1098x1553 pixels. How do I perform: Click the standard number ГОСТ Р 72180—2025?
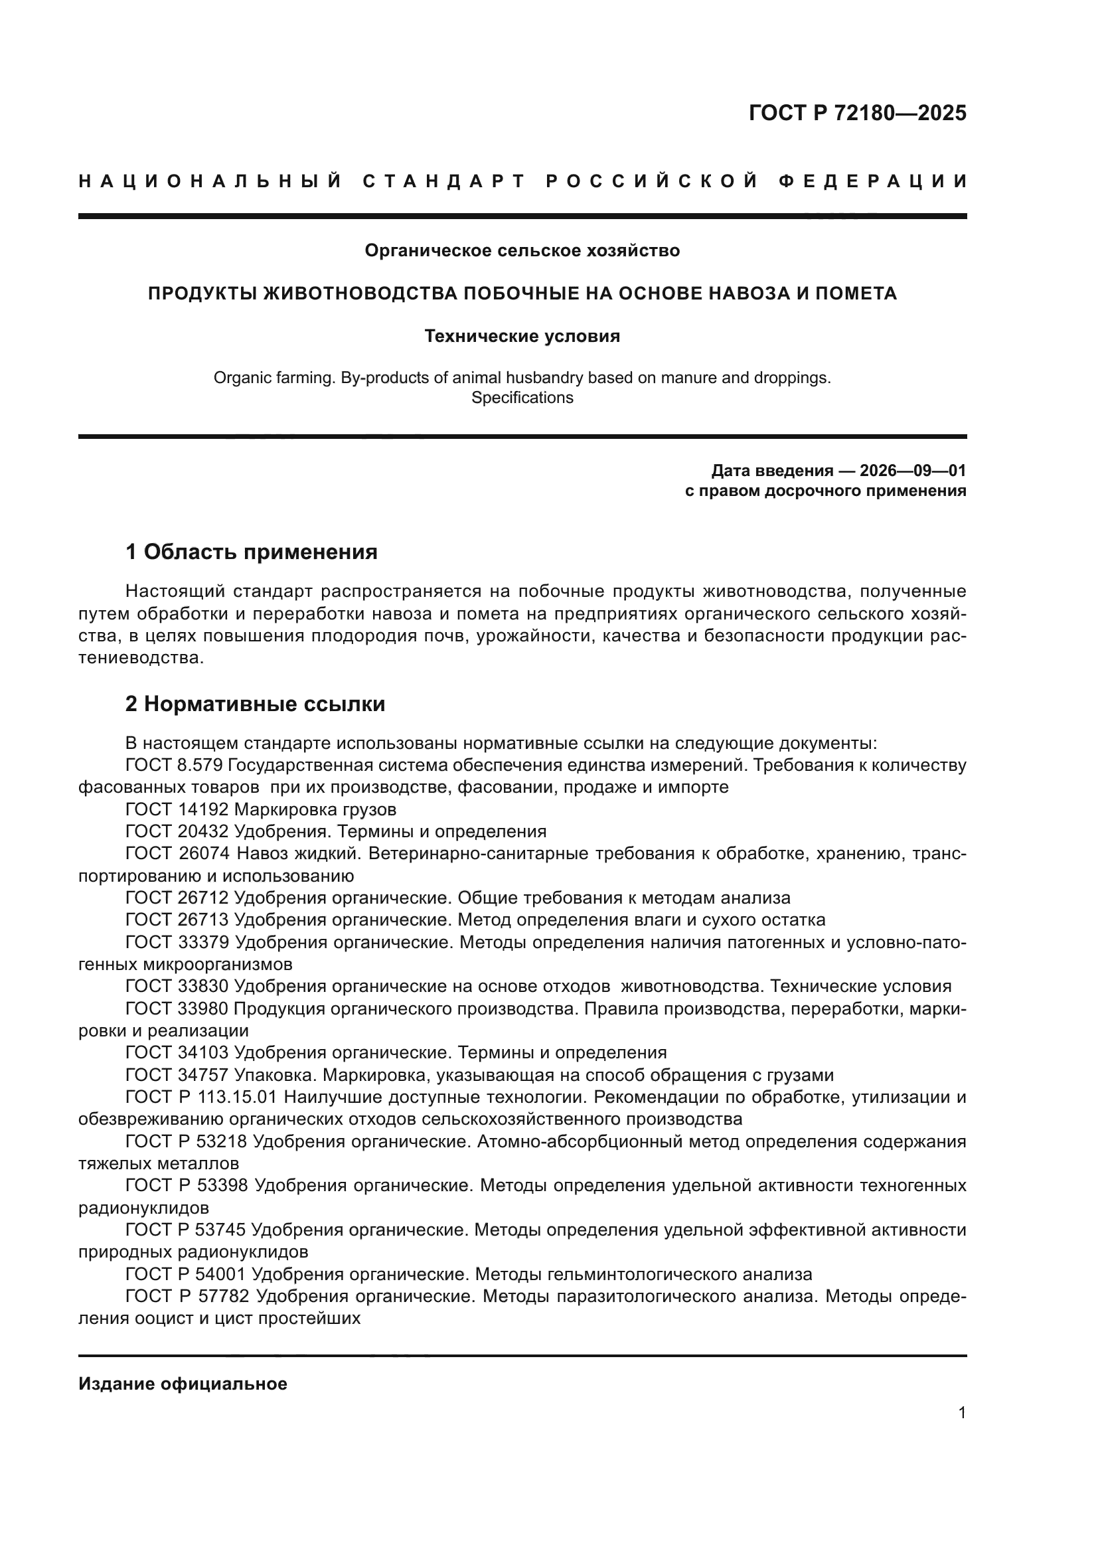857,113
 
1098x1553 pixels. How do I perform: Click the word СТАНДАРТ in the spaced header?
444,181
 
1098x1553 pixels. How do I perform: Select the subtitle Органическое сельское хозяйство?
522,251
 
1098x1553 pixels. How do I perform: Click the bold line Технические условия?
522,336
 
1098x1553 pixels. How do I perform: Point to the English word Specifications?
522,398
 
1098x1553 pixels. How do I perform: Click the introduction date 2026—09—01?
913,471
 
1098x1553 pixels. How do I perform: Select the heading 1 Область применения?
252,552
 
